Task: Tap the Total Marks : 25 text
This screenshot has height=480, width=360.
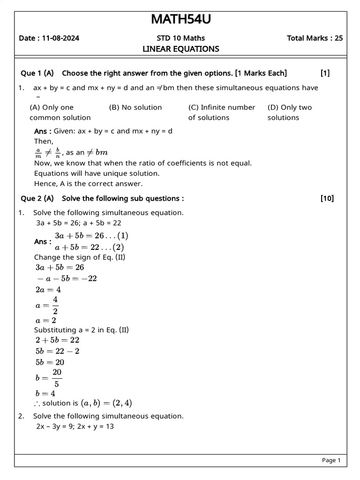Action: click(315, 38)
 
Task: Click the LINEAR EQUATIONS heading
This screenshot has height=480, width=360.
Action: click(180, 49)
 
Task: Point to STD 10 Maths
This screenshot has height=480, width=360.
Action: click(180, 38)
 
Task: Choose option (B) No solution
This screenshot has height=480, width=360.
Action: click(135, 107)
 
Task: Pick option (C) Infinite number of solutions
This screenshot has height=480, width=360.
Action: click(221, 112)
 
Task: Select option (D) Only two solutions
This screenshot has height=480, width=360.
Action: click(289, 112)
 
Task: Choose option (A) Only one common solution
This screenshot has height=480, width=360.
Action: click(60, 112)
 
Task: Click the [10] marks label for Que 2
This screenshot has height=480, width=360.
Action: click(327, 199)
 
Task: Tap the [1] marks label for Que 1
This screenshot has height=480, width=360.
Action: click(325, 73)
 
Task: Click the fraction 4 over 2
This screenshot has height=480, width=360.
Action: click(55, 305)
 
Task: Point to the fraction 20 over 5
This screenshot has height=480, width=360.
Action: click(57, 378)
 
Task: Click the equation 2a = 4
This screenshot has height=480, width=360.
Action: click(48, 290)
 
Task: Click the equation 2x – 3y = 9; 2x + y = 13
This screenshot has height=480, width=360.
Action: click(75, 427)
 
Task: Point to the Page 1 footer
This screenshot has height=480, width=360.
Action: click(331, 460)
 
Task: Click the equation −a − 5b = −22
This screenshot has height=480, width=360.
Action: click(67, 278)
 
